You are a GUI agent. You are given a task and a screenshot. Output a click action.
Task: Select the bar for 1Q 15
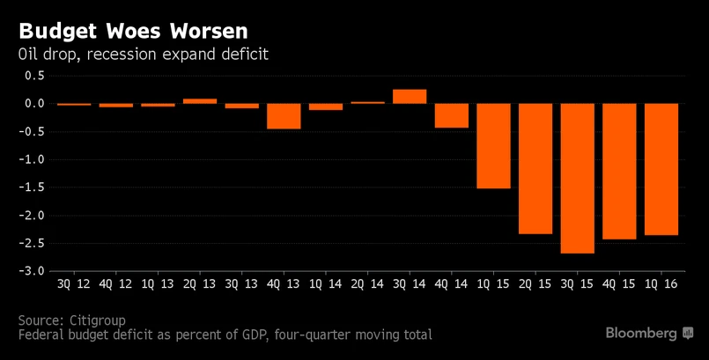click(493, 146)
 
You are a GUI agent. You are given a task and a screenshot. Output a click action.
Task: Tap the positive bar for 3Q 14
click(410, 97)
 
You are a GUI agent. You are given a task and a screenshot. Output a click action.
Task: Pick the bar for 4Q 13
click(284, 116)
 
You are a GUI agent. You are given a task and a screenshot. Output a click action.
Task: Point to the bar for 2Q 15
click(535, 168)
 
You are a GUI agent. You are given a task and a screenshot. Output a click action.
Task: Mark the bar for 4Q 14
click(452, 115)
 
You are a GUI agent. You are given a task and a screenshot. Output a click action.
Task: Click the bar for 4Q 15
click(620, 171)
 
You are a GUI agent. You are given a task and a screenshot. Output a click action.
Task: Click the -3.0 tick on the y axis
click(33, 271)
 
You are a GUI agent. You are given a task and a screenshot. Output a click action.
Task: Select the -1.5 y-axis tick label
click(33, 187)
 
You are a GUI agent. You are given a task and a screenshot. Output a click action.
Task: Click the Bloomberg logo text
click(641, 333)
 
